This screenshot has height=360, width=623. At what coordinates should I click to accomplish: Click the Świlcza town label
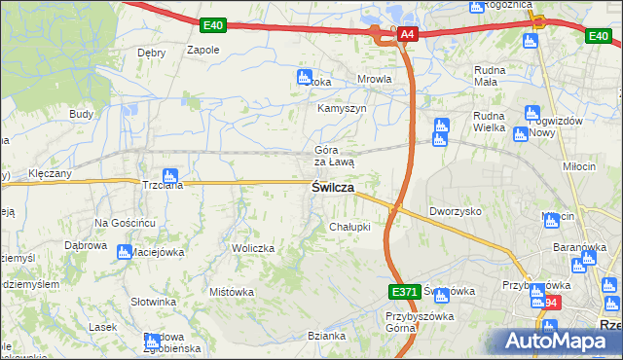[x=332, y=187]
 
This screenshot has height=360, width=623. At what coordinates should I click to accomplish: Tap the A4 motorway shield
[x=408, y=35]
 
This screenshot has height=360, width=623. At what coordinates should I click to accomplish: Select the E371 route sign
[x=402, y=291]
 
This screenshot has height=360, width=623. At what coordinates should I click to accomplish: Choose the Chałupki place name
[x=349, y=227]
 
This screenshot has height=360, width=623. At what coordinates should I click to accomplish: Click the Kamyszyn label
[x=342, y=108]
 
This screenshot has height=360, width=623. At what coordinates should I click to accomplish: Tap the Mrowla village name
[x=375, y=80]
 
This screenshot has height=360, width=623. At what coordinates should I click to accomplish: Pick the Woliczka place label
[x=253, y=249]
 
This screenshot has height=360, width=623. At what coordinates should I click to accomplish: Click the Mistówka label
[x=232, y=292]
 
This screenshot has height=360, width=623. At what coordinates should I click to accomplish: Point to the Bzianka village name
[x=326, y=336]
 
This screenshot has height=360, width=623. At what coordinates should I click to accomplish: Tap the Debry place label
[x=152, y=53]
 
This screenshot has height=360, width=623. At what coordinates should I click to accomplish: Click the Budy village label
[x=81, y=114]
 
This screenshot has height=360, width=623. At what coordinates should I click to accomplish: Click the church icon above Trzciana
[x=169, y=175]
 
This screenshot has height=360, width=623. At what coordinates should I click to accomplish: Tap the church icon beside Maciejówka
[x=124, y=252]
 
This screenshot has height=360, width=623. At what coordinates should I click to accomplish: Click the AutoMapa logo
[x=557, y=341]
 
